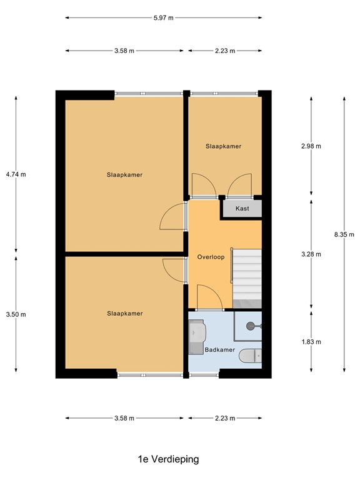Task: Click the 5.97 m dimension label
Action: pos(164,17)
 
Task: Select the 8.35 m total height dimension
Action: pos(344,234)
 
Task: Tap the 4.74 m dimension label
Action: pos(16,174)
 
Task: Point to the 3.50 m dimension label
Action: pos(16,314)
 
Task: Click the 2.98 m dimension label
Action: pos(311,146)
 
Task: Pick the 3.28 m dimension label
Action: pos(311,254)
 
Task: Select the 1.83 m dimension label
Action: pos(311,342)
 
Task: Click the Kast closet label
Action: pos(242,209)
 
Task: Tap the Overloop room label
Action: pos(211,257)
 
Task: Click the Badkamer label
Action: pos(220,349)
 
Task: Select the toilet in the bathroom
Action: pos(250,356)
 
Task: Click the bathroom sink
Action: pos(197,337)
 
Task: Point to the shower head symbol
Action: pos(251,326)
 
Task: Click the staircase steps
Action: pos(247,278)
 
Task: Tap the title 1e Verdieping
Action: pos(168,459)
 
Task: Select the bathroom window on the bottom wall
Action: pos(204,374)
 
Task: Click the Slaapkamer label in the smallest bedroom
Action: pos(224,146)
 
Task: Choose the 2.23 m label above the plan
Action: pos(225,51)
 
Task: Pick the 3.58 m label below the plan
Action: pos(124,418)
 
